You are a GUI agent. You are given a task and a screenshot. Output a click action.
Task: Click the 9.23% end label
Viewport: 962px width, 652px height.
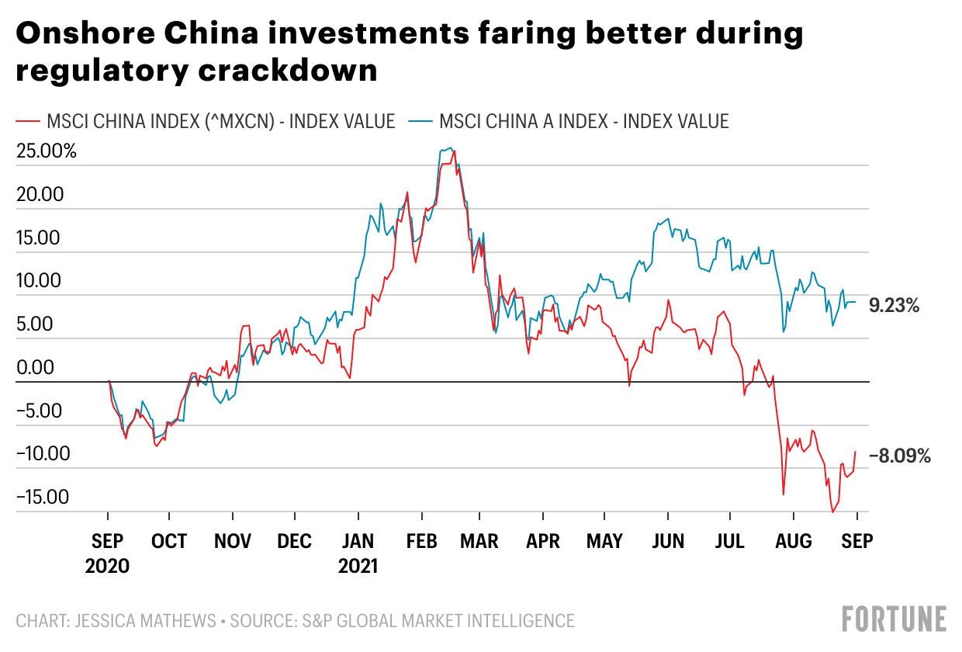(x=894, y=306)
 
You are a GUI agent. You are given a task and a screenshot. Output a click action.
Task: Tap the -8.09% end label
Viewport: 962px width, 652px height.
(x=899, y=456)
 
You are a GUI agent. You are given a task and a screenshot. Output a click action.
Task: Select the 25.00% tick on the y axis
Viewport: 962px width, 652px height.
(x=47, y=151)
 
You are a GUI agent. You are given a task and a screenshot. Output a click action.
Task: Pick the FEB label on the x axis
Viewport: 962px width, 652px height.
(x=421, y=542)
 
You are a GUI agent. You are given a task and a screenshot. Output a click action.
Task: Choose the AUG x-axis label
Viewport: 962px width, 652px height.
(x=793, y=542)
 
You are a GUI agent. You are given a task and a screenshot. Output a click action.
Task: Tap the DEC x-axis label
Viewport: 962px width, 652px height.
(x=295, y=542)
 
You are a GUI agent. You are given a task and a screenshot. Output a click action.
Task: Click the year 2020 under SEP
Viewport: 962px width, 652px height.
(x=107, y=566)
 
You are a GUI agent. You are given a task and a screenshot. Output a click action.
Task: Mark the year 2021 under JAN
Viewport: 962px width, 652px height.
(x=358, y=566)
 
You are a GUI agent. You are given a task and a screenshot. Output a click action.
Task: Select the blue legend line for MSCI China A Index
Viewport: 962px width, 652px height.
(x=420, y=122)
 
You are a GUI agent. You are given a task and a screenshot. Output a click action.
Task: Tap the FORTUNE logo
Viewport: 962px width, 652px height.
(x=894, y=619)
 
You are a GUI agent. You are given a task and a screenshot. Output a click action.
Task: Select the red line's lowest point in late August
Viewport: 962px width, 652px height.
(x=832, y=512)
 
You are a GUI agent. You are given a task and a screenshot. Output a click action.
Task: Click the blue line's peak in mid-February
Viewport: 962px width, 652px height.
(x=449, y=147)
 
